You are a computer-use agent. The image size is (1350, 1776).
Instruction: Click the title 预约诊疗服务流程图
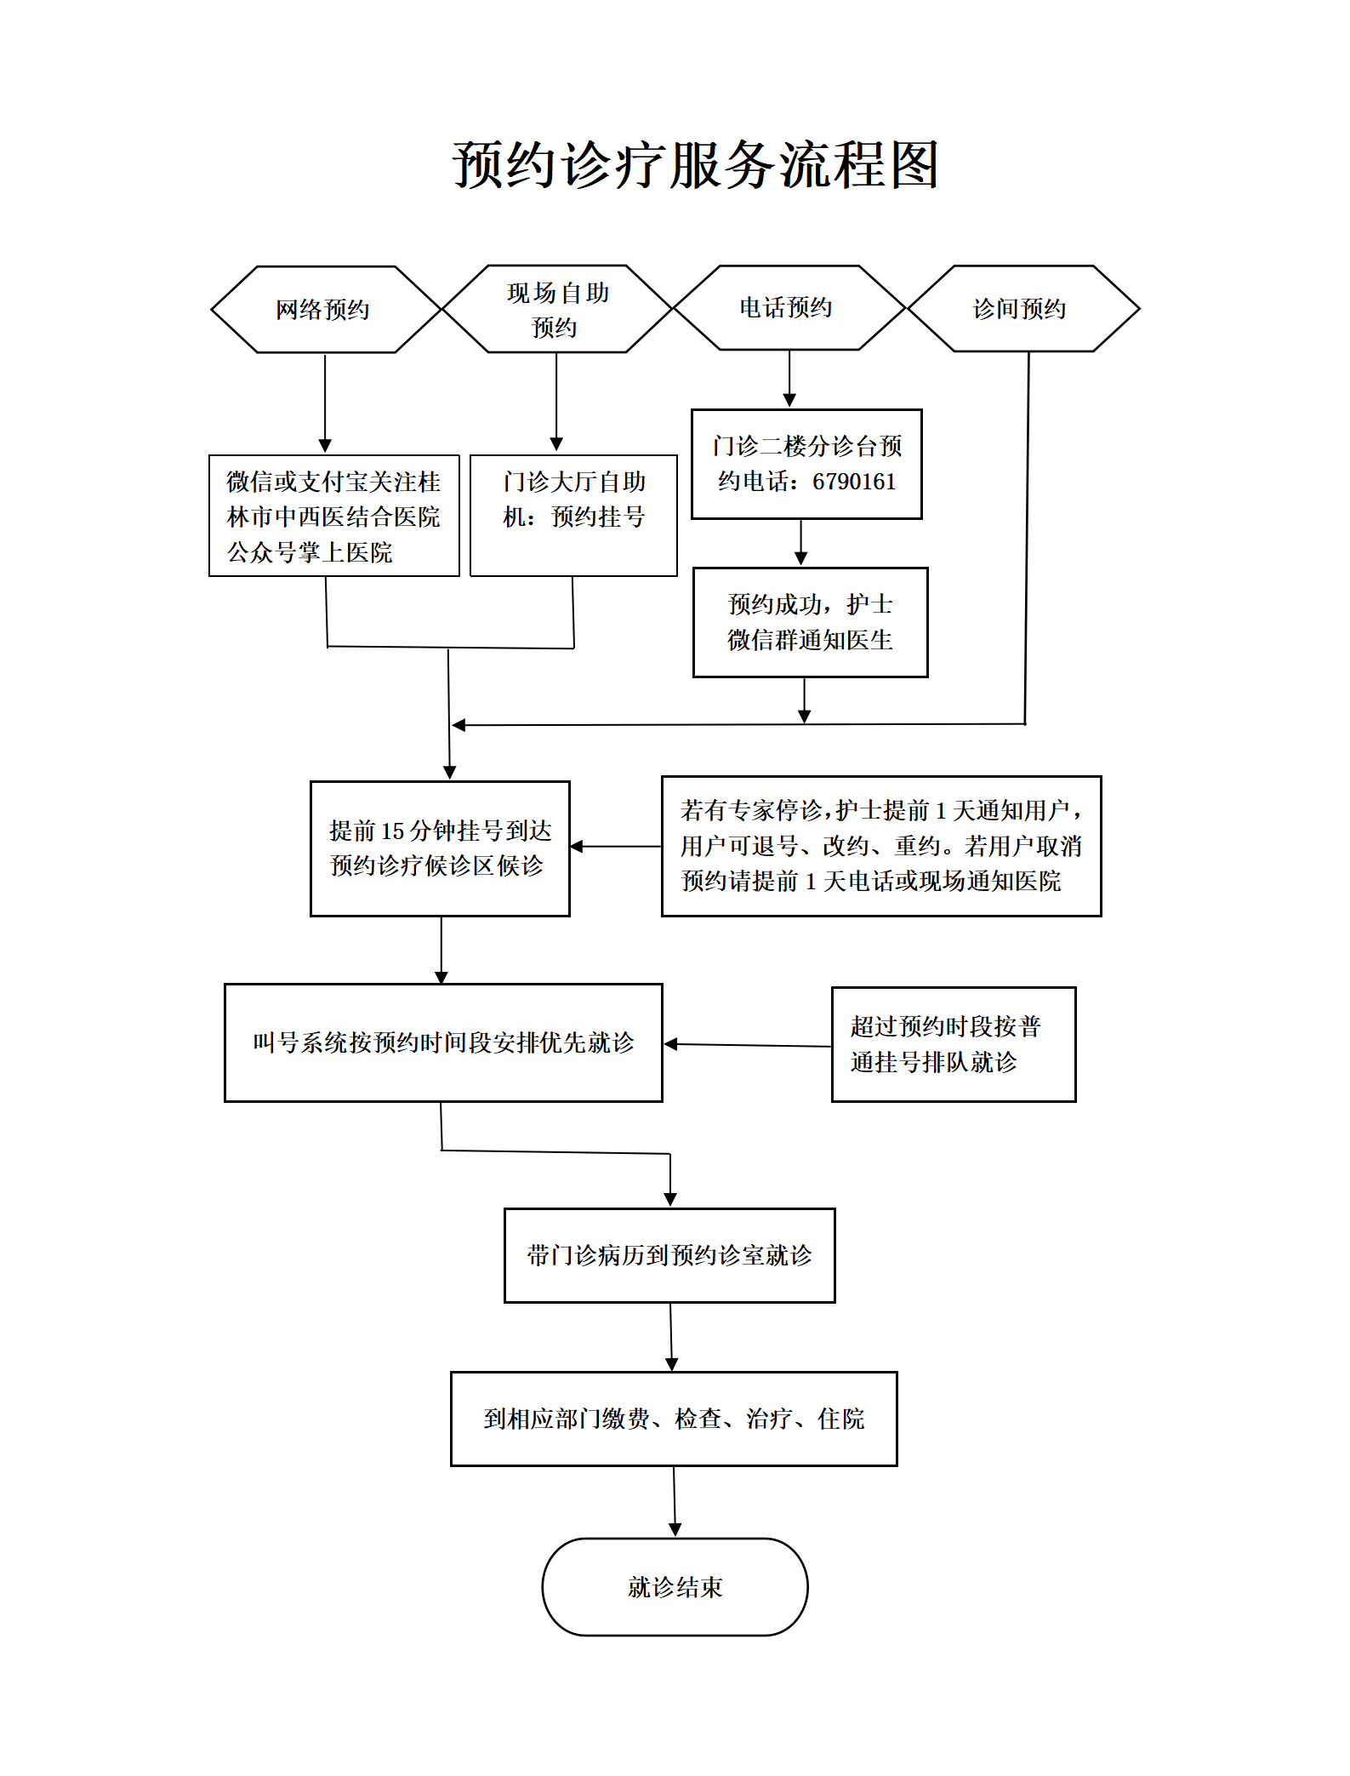[696, 164]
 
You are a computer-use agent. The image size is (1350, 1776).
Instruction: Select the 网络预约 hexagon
[326, 310]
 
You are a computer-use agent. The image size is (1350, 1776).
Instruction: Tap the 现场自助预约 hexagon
[557, 309]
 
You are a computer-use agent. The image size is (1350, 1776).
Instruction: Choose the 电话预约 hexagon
[789, 307]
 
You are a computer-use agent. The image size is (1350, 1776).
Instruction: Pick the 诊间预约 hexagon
[1023, 308]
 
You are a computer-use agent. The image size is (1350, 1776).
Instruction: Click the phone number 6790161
[854, 482]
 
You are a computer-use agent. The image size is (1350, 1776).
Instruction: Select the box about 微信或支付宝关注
[334, 516]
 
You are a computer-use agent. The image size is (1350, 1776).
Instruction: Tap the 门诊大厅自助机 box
[574, 516]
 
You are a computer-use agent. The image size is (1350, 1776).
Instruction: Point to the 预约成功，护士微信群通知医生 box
[811, 622]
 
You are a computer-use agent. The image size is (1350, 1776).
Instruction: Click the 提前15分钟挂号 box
[440, 848]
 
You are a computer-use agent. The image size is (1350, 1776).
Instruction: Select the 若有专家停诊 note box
[881, 846]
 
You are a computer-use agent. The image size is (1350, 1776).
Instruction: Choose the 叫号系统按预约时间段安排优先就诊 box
[443, 1042]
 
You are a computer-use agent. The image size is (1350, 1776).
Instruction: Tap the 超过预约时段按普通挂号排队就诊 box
[954, 1044]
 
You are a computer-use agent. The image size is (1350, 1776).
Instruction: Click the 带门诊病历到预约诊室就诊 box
[669, 1255]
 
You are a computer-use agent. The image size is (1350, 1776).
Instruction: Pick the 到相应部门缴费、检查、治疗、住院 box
[674, 1419]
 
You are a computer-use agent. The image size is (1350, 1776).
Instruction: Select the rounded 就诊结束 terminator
[675, 1587]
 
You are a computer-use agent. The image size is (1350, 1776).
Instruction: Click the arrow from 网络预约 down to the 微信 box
[325, 403]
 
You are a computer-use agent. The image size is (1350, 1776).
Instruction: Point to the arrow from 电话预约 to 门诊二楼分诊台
[789, 379]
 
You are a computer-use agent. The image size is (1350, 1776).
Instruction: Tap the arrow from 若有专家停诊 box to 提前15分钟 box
[616, 847]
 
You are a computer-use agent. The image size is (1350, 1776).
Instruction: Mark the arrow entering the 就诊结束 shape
[675, 1501]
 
